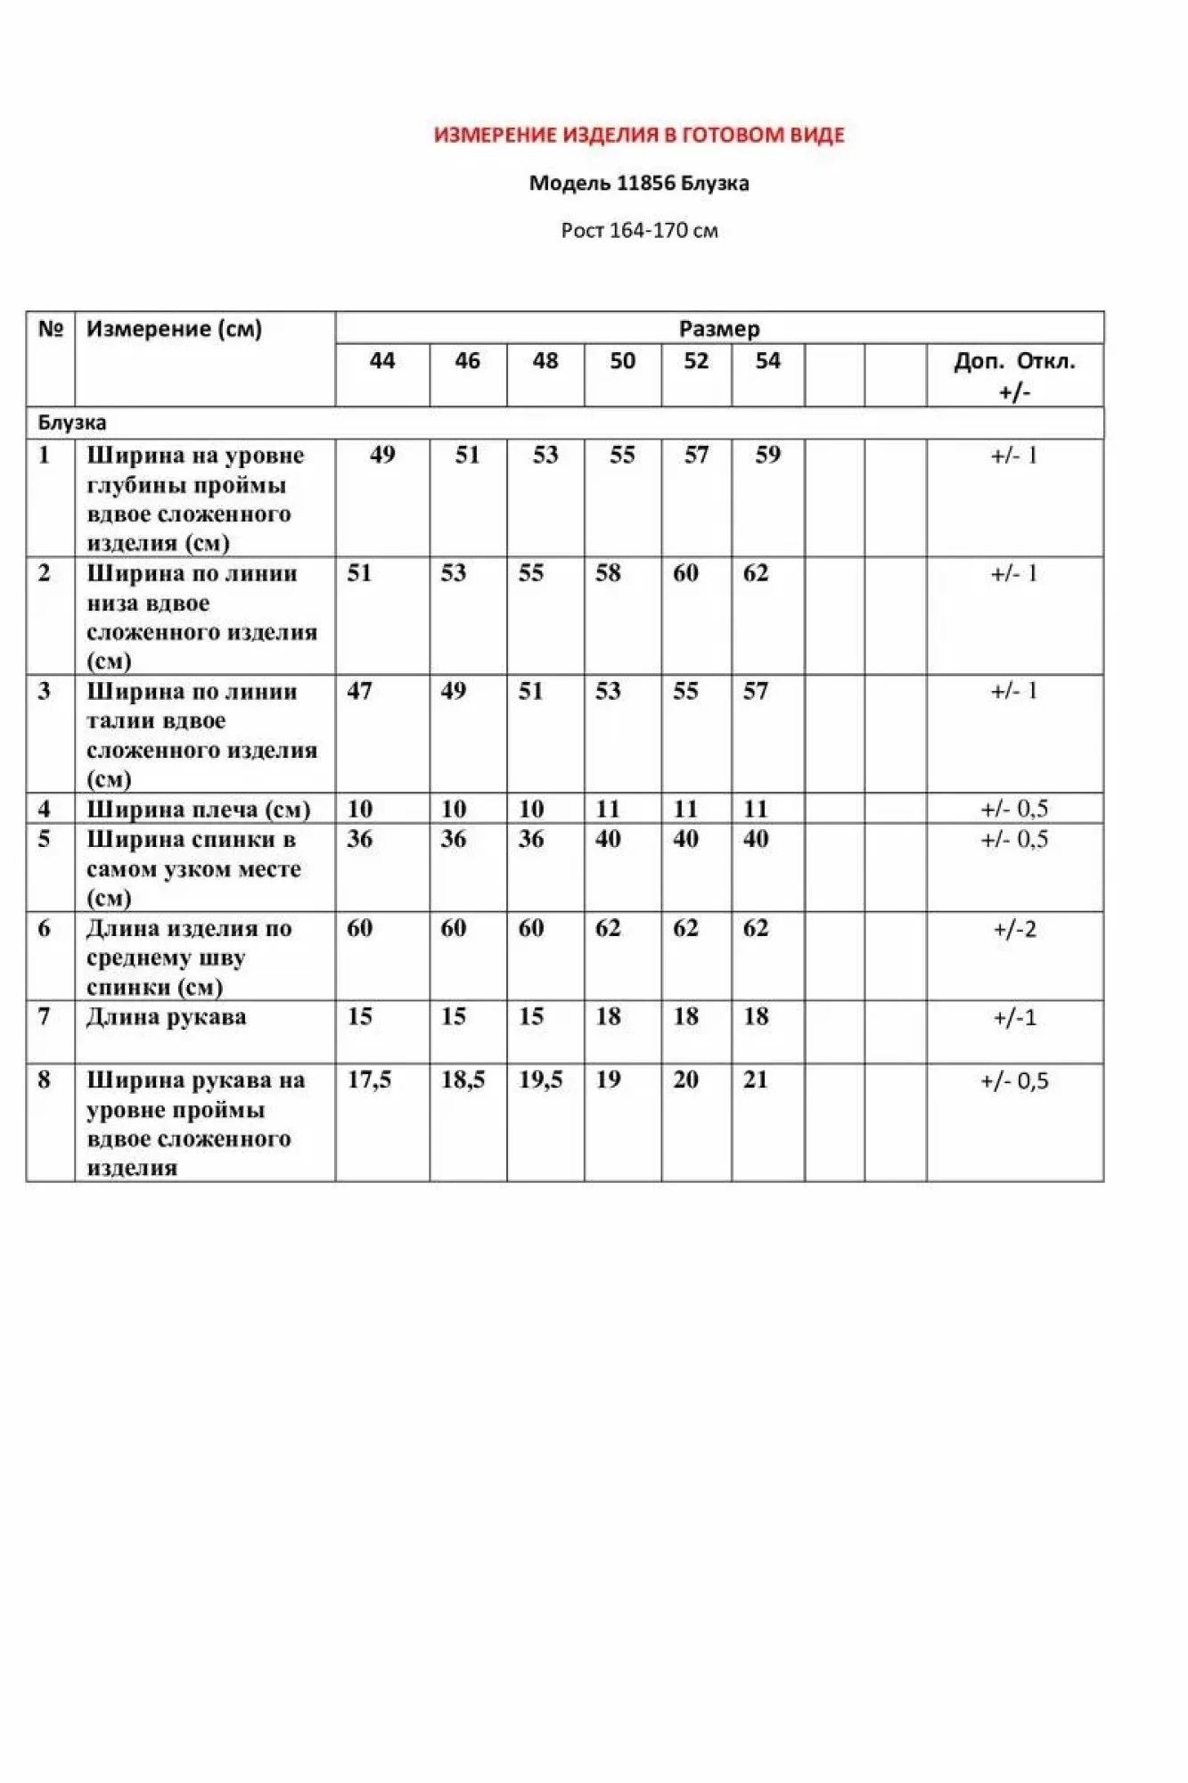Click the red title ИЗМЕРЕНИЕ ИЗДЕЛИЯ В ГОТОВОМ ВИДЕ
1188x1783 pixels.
tap(639, 135)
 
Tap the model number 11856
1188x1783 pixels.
tap(646, 184)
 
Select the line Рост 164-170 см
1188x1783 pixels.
tap(639, 230)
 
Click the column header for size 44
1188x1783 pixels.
tap(381, 361)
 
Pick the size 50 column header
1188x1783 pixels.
tap(622, 361)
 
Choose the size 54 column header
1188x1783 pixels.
tap(767, 361)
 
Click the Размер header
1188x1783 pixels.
tap(719, 329)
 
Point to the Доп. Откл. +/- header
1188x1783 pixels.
tap(1014, 375)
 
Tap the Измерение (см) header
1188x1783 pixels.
tap(174, 329)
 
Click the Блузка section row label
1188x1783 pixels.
tap(72, 423)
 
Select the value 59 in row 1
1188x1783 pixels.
tap(767, 456)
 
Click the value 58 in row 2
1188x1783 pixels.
tap(608, 573)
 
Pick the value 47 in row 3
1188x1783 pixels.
tap(359, 691)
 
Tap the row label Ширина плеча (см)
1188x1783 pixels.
tap(198, 809)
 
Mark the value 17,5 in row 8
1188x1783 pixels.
tap(369, 1080)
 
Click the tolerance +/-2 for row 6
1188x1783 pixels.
tap(1014, 930)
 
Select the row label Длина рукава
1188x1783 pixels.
tap(167, 1017)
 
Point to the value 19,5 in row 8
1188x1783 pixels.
tap(540, 1080)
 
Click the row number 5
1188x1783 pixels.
tap(44, 840)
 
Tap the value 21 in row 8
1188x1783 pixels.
tap(755, 1080)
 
